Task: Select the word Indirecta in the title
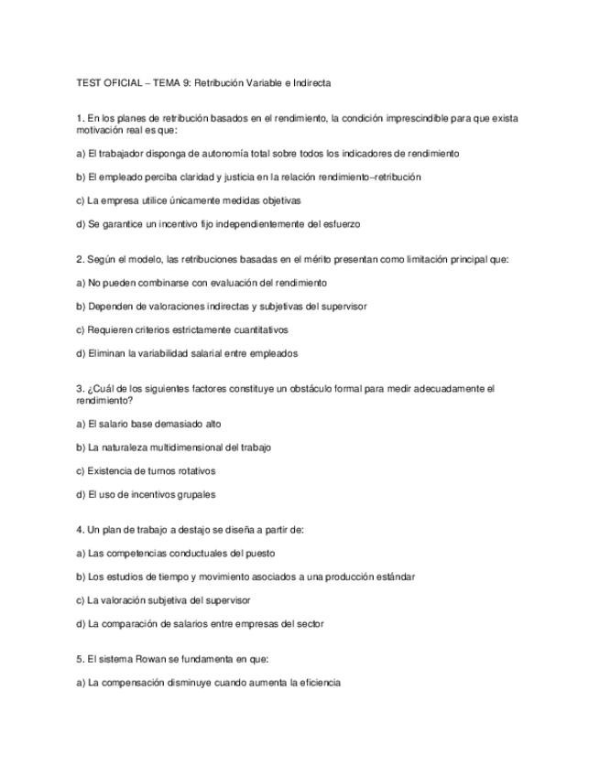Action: tap(311, 83)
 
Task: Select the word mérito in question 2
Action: tap(305, 260)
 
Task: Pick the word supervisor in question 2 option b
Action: tap(345, 307)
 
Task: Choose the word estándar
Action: tap(395, 577)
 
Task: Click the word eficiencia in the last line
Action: tap(319, 683)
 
